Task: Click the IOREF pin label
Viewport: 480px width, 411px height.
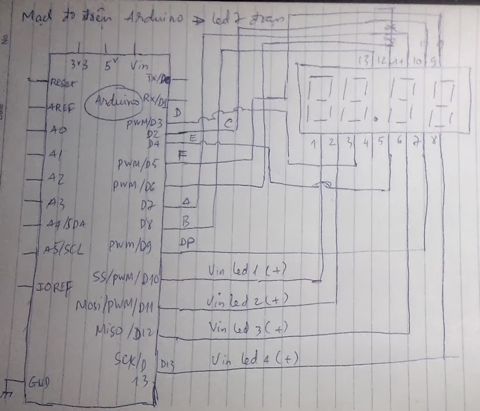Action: coord(54,288)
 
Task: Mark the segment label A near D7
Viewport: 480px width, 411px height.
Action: coord(187,202)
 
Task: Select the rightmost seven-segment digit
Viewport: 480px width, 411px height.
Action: coord(443,103)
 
